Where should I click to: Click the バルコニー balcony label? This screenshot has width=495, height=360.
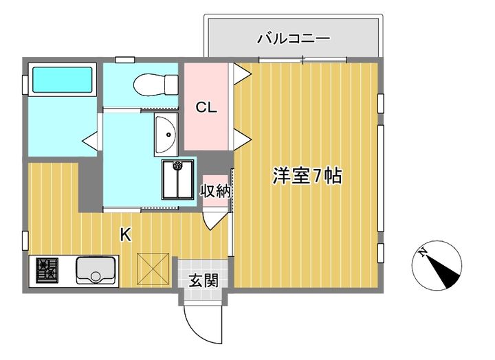[x=293, y=38]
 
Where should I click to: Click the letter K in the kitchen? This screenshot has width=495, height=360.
[x=125, y=235]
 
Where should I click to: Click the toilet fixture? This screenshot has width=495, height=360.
[x=148, y=85]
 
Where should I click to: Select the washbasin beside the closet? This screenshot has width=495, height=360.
[x=165, y=135]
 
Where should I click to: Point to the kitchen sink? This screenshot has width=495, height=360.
[x=96, y=270]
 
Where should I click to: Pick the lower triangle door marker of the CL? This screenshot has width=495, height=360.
[x=241, y=141]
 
